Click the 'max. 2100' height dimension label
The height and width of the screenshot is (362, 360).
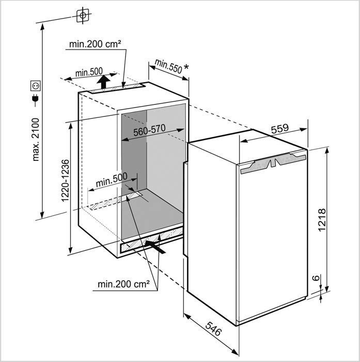36,140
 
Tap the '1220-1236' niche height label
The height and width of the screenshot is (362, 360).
65,181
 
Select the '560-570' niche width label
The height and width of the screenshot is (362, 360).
149,130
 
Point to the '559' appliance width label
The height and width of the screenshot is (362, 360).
280,129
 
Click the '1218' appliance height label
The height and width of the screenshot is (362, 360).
322,219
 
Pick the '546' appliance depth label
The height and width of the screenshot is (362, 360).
213,329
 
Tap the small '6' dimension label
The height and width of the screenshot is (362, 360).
317,278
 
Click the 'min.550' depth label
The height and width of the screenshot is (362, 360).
168,66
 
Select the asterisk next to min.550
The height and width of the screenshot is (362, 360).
186,67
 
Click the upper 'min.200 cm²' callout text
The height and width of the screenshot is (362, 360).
95,44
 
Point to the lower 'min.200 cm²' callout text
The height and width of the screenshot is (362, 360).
123,284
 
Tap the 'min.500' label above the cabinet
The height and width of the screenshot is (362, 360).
89,72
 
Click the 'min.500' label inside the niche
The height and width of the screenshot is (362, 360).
112,179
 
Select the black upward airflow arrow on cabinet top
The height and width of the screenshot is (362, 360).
103,82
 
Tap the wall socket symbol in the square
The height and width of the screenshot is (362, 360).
36,86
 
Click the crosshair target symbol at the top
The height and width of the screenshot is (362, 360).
83,16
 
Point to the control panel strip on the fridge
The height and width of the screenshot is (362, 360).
273,162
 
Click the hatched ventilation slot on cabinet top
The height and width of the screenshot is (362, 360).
116,88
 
